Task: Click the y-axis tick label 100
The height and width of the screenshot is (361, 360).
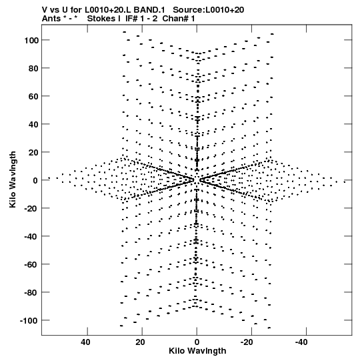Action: point(31,40)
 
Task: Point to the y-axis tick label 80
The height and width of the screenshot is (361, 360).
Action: point(33,68)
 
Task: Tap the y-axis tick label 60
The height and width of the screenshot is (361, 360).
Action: point(33,97)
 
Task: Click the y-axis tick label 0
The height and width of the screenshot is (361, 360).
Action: point(35,180)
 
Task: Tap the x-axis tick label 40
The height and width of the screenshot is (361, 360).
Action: point(85,342)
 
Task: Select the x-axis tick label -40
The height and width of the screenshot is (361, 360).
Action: point(301,342)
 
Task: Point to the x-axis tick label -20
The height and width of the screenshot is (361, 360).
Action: point(247,342)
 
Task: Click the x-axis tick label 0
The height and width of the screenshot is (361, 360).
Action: point(197,342)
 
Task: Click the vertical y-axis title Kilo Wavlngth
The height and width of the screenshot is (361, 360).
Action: point(13,179)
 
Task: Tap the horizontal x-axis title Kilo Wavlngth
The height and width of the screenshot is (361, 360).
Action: point(197,351)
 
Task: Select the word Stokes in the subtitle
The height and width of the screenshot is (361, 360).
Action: point(101,19)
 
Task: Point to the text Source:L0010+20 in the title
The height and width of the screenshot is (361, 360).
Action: point(209,10)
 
